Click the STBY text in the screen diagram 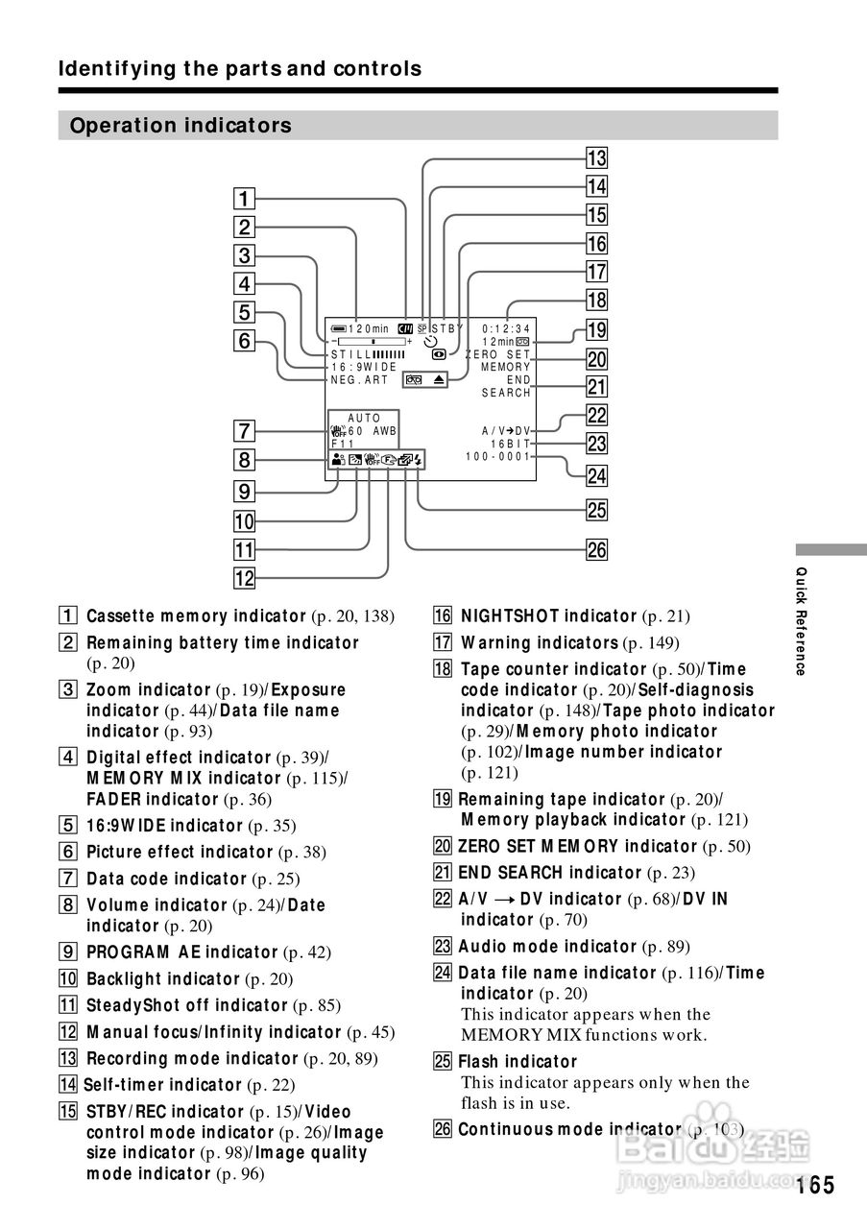coord(447,328)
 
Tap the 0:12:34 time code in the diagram coord(506,329)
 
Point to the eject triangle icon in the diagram coord(439,379)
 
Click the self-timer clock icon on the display coord(431,342)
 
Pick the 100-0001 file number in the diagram coord(497,456)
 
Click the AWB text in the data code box coord(385,431)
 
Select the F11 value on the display coord(343,444)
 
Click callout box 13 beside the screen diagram coord(597,158)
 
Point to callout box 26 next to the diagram coord(597,549)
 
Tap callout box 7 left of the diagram coord(244,431)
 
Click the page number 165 coord(815,1185)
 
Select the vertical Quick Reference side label coord(801,621)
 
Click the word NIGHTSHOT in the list coord(510,615)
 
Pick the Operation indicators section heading coord(181,125)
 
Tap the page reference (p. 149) coord(651,642)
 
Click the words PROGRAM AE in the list coord(144,952)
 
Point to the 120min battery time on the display coord(368,328)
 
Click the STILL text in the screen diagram coord(351,354)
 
